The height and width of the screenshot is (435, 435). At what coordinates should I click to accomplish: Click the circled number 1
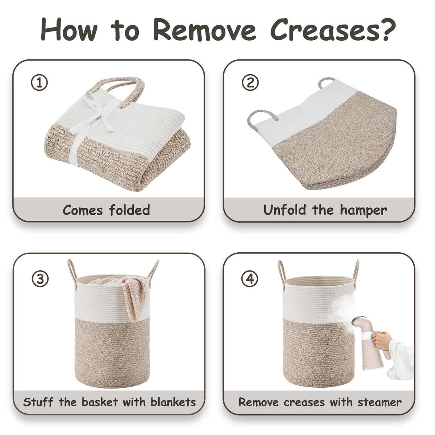coord(39,83)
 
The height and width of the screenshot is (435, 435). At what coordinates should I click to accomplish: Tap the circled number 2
coord(250,82)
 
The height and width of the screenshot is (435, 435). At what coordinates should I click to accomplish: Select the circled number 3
coord(40,279)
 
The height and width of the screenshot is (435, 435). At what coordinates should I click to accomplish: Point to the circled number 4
coord(250,278)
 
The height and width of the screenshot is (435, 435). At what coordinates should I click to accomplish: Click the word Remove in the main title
coord(204,30)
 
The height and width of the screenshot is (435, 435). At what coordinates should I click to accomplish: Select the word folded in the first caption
coord(129,210)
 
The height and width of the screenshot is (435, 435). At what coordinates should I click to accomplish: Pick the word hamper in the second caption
coord(363,210)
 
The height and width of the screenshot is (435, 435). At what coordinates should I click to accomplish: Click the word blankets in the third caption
coord(173,402)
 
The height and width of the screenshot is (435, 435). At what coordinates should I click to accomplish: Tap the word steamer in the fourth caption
coord(380,402)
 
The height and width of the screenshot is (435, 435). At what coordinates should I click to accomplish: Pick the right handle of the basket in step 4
coord(356,273)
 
